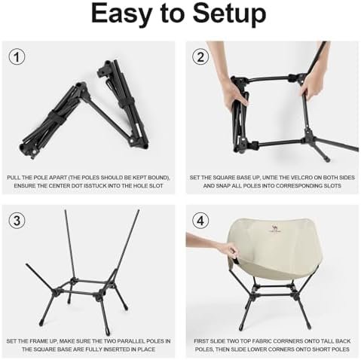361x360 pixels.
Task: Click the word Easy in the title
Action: tap(121, 14)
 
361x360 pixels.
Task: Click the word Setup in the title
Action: tap(229, 14)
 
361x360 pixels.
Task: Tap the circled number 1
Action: tap(17, 57)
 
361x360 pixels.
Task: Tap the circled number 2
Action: tap(200, 57)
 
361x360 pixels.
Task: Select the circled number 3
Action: tap(17, 221)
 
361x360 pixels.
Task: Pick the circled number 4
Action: tap(200, 221)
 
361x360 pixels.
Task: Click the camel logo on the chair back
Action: tap(274, 228)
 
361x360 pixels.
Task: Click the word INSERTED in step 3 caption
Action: tap(118, 349)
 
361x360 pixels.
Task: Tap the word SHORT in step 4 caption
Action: tap(317, 349)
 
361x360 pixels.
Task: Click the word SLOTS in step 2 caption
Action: tap(332, 186)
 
